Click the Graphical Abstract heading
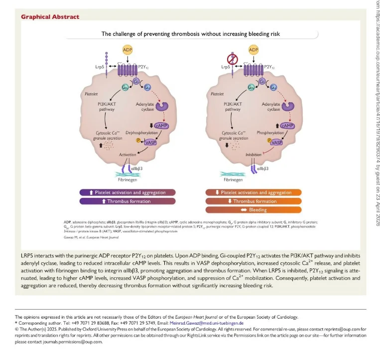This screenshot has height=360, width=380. coord(50,16)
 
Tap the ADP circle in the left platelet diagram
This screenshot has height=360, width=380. coord(128,50)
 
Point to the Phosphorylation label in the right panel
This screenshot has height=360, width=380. coord(267,133)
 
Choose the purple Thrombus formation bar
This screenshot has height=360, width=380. coord(128,201)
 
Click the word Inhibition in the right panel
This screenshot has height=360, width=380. coord(253,155)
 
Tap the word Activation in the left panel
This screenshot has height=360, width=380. coord(127,155)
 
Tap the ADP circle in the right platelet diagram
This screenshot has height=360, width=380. coord(254,50)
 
